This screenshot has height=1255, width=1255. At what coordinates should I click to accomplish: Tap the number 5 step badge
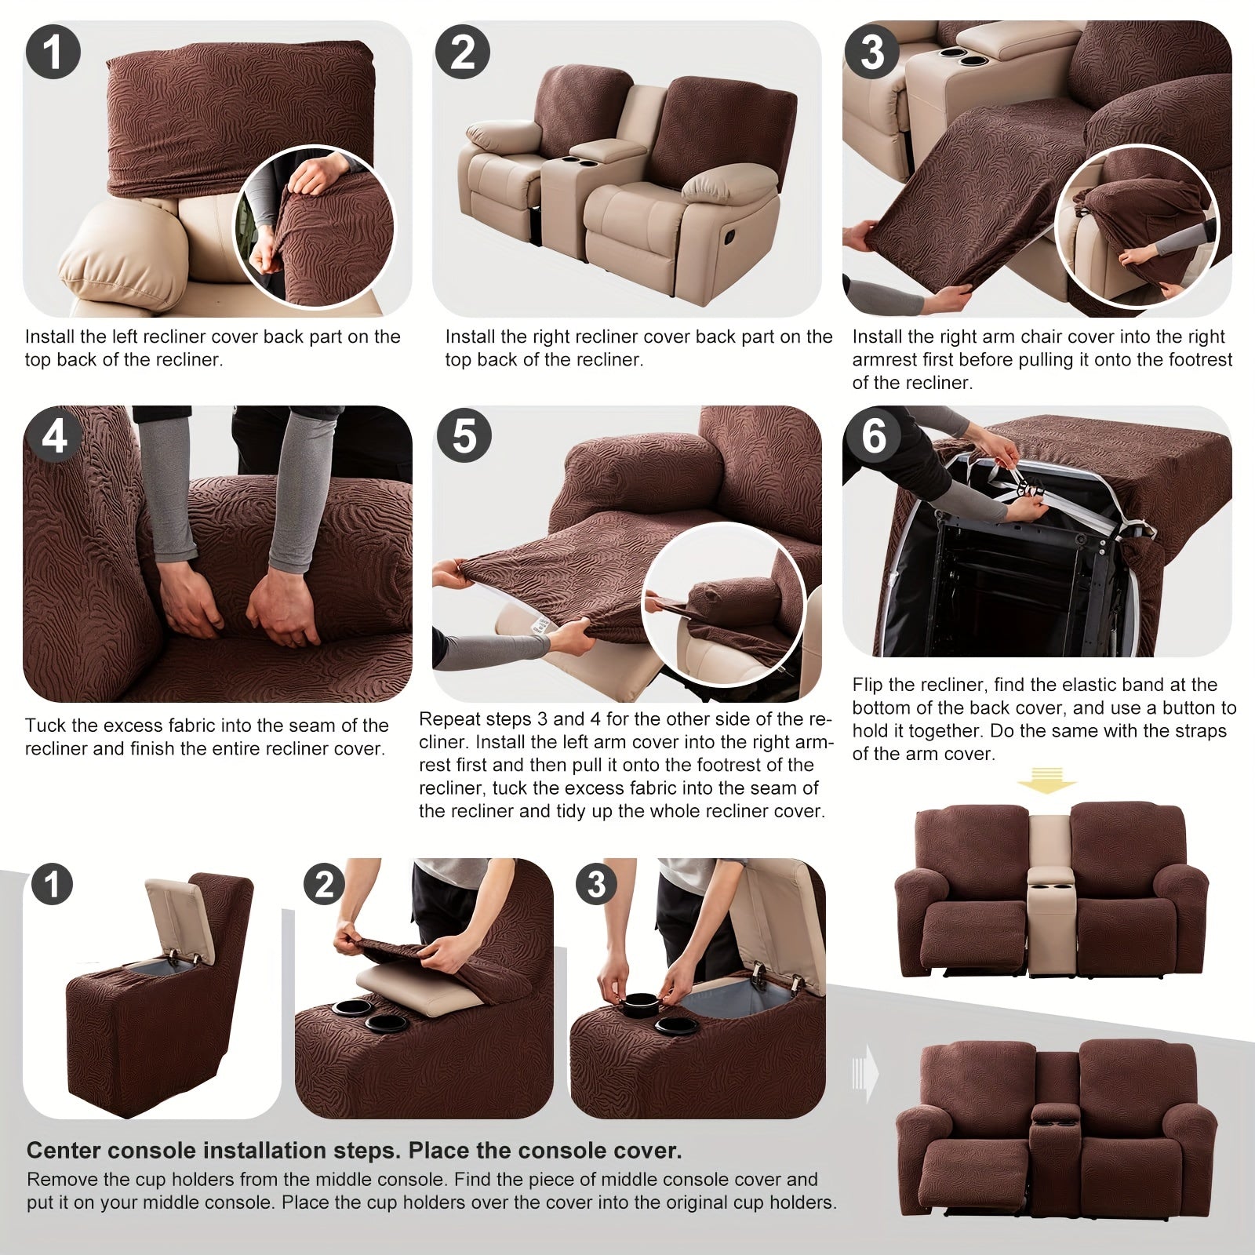tap(464, 435)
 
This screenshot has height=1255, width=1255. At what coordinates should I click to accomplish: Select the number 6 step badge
tap(873, 435)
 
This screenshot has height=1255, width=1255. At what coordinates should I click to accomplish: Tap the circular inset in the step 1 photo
tap(314, 227)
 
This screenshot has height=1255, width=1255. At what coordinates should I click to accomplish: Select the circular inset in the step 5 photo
tap(724, 605)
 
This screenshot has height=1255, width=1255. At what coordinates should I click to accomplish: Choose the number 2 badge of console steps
tap(324, 884)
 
